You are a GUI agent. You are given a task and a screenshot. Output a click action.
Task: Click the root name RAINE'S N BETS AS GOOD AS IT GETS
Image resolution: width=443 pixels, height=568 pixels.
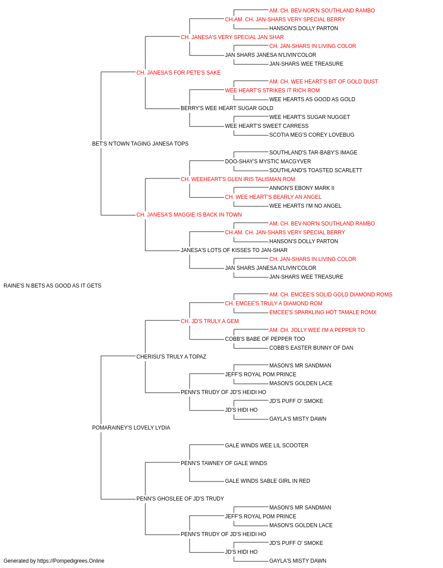(x=52, y=286)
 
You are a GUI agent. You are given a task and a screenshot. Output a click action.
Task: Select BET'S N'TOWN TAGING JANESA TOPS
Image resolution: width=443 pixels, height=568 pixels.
(x=140, y=144)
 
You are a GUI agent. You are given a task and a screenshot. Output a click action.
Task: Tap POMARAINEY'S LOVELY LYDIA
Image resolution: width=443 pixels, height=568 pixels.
(x=131, y=428)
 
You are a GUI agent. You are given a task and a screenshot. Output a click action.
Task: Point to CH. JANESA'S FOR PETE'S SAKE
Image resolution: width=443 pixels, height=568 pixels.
(x=179, y=73)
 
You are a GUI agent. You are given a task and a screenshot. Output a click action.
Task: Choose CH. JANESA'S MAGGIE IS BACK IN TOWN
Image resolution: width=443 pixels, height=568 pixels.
(x=189, y=215)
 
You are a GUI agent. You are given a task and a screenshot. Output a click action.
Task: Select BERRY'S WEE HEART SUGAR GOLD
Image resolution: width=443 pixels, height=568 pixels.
(x=227, y=108)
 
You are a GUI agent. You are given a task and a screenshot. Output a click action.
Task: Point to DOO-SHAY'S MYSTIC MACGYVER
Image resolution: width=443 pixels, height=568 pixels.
(x=268, y=161)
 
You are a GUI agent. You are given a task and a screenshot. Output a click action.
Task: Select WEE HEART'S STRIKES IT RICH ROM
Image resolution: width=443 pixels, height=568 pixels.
(x=272, y=91)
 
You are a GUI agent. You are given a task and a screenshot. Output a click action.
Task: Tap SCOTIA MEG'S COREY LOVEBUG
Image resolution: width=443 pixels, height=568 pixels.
(x=312, y=135)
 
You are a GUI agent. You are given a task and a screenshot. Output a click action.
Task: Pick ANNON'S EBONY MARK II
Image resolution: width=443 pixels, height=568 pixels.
(x=302, y=188)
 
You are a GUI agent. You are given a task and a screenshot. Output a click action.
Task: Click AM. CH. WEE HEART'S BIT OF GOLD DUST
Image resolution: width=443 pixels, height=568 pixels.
(x=323, y=82)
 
